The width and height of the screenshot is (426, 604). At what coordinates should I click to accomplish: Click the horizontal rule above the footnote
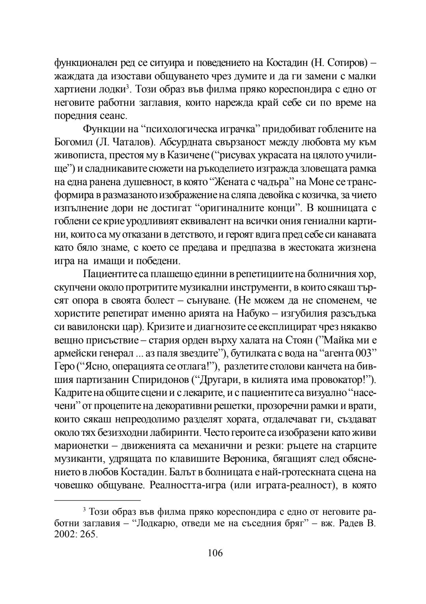click(92, 500)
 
